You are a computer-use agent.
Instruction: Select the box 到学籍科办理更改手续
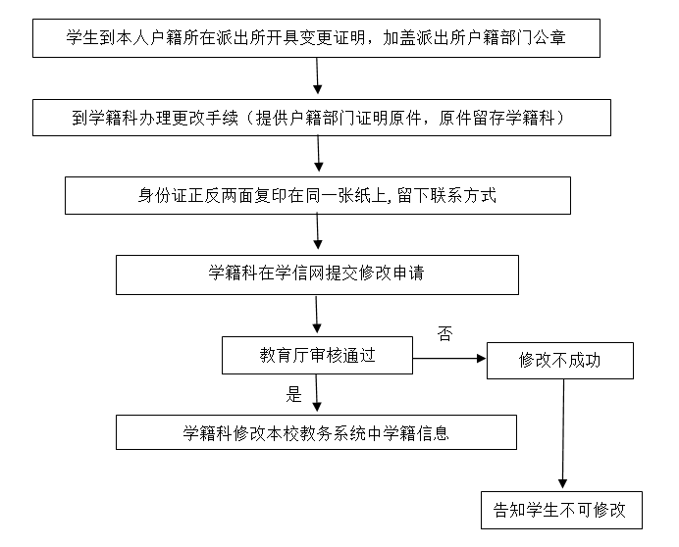click(317, 117)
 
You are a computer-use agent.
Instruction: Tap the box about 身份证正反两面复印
click(317, 195)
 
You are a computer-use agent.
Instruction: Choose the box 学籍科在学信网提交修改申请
click(317, 273)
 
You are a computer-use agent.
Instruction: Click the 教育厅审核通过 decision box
click(317, 356)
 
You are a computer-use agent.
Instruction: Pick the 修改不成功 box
click(560, 361)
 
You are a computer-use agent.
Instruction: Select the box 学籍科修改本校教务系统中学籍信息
click(316, 432)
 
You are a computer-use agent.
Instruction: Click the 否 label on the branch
click(444, 333)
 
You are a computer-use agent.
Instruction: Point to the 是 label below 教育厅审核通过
click(293, 396)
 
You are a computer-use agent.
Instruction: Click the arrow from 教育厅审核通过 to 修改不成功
click(450, 359)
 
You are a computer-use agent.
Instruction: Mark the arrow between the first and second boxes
click(316, 76)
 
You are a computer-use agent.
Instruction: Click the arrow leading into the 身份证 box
click(317, 156)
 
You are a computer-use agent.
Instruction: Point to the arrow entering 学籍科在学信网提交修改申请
click(317, 234)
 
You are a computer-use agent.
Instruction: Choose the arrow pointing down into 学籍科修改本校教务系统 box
click(317, 395)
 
